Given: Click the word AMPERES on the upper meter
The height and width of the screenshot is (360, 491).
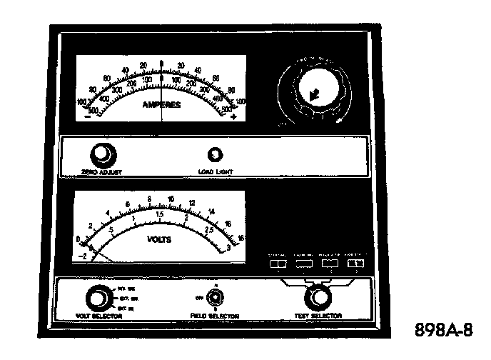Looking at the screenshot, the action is pos(162,104).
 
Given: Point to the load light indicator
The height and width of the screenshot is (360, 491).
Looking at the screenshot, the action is pos(213,154).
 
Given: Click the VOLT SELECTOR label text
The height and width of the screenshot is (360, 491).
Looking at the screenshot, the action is pos(97,316).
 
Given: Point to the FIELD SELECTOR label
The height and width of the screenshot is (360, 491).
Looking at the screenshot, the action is pos(214,316).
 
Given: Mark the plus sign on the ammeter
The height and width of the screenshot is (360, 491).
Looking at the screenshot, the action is pos(234,116).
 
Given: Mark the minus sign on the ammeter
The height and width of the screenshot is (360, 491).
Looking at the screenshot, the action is pos(88,116).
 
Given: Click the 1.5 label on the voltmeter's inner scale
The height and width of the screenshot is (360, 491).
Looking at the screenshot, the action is pos(161,214).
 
